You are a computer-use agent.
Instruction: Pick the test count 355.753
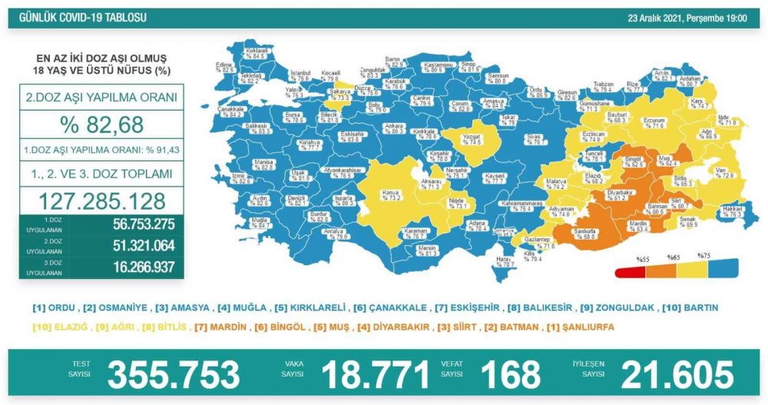[x=174, y=375]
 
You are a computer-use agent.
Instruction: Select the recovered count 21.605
[x=678, y=375]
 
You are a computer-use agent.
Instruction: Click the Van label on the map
[x=723, y=173]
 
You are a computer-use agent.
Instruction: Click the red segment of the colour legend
[x=629, y=271]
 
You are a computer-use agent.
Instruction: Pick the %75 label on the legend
[x=703, y=255]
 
